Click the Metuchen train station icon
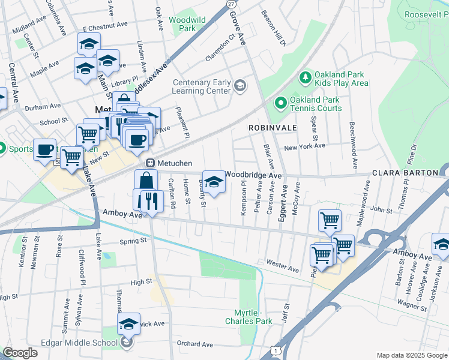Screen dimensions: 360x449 (151, 163)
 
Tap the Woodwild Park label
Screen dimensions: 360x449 (182, 24)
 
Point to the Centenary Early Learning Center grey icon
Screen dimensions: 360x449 (240, 86)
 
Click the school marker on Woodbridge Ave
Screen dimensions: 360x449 (213, 181)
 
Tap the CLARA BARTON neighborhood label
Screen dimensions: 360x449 (405, 173)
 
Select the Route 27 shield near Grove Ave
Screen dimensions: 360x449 (231, 4)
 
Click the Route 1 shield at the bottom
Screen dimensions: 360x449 (275, 349)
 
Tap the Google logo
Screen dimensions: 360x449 (20, 352)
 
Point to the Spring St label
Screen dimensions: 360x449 (133, 241)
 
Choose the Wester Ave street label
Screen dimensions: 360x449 (282, 266)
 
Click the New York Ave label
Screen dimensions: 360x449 (304, 146)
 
